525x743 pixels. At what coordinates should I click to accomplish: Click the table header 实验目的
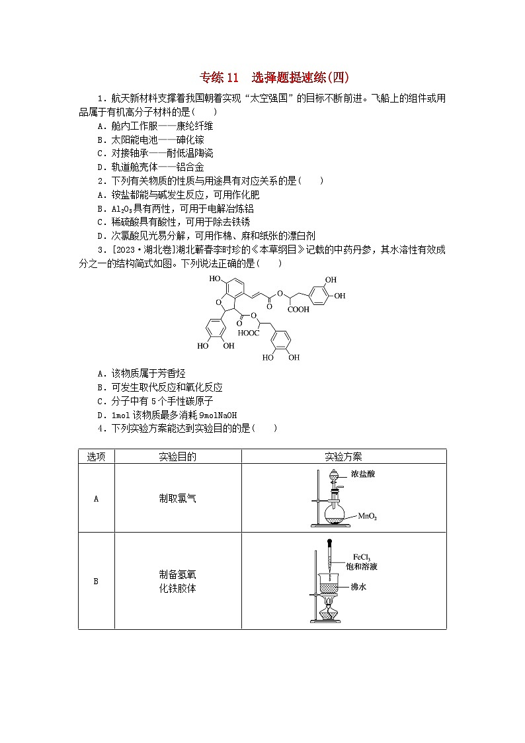(177, 457)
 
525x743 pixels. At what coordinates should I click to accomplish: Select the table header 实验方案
(343, 457)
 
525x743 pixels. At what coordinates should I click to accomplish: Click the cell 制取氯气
(177, 498)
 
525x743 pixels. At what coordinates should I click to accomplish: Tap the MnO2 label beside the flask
(368, 515)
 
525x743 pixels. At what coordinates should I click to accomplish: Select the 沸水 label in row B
(358, 586)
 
